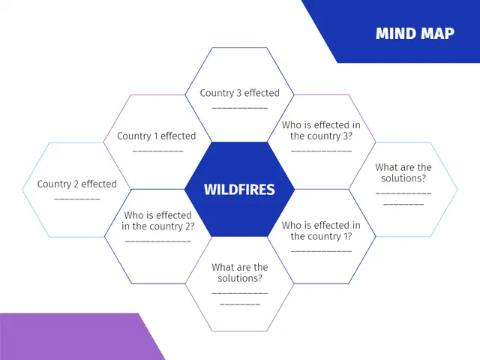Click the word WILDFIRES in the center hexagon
click(x=239, y=190)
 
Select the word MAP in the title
click(x=438, y=34)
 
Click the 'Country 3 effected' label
click(x=239, y=93)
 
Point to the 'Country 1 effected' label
click(x=157, y=136)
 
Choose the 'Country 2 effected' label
click(x=76, y=184)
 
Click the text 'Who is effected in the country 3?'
click(x=321, y=130)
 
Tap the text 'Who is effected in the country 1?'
click(x=321, y=230)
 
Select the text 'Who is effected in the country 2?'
click(x=157, y=220)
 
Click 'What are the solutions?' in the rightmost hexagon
click(x=403, y=172)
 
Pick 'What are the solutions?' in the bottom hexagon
click(x=239, y=272)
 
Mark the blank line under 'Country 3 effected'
click(x=239, y=108)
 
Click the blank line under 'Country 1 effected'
click(x=157, y=151)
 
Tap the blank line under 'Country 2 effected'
click(x=76, y=199)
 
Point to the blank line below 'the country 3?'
click(x=321, y=151)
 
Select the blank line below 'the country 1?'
click(x=321, y=250)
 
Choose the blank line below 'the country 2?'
click(x=157, y=241)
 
